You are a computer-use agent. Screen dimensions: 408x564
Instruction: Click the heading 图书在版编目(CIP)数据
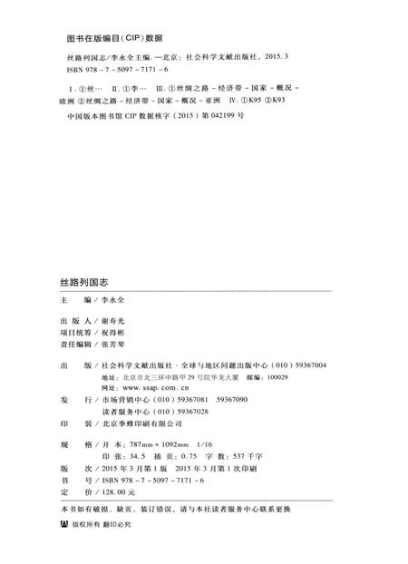click(x=115, y=39)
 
